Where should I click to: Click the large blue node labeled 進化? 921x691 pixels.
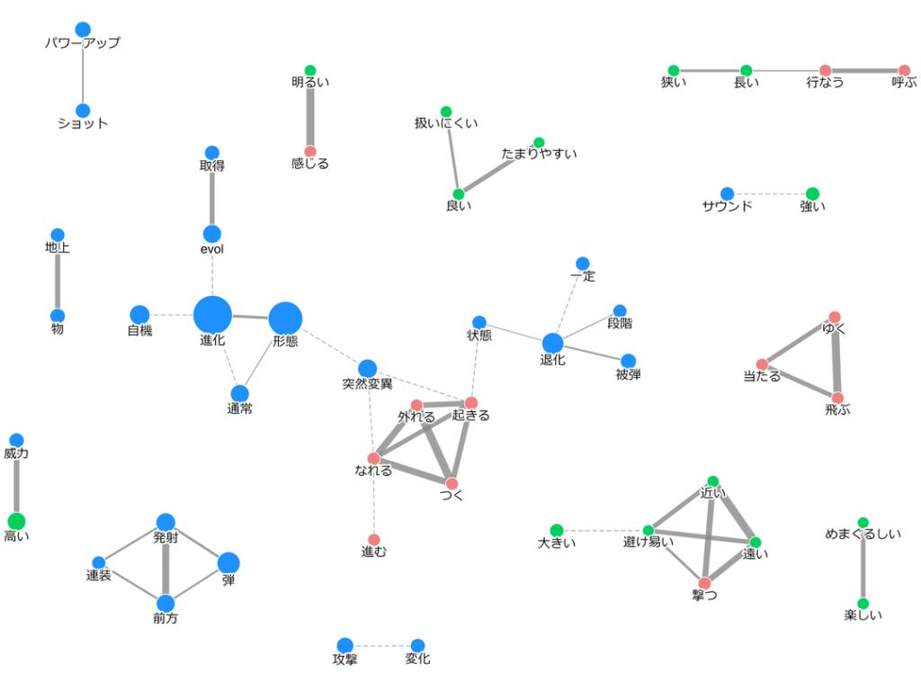[212, 315]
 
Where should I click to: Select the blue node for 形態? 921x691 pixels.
[285, 319]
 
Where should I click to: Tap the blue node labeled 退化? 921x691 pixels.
[553, 344]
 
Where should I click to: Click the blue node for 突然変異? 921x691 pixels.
[368, 369]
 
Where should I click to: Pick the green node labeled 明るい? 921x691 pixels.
[310, 71]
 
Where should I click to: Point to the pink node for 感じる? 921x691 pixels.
[310, 152]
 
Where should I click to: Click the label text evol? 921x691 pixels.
[212, 249]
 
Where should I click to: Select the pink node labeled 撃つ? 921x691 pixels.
[705, 583]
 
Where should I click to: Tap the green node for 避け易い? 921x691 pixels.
[648, 531]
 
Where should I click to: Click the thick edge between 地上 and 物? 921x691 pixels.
[58, 276]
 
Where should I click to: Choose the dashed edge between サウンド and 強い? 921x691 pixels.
[770, 194]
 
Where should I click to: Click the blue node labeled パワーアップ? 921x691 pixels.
[84, 30]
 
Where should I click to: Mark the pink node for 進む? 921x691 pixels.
[374, 540]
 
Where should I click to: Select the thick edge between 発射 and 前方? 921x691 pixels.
[165, 563]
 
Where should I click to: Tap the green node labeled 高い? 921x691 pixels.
[16, 521]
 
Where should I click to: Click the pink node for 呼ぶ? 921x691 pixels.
[905, 71]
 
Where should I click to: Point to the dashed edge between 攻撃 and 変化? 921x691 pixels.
[381, 646]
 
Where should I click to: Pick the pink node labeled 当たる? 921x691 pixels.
[763, 364]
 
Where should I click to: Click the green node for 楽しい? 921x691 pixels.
[863, 604]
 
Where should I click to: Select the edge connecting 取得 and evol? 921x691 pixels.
[212, 193]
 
